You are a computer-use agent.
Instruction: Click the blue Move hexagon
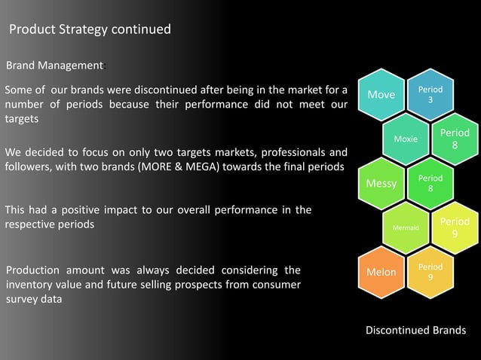pos(381,95)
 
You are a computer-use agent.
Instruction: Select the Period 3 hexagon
pos(430,95)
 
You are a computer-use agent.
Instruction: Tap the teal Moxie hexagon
pos(406,139)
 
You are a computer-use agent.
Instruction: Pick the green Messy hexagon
pos(381,184)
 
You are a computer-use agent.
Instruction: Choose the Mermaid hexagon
pos(406,227)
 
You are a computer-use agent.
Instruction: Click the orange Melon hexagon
pos(381,272)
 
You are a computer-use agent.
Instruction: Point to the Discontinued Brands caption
pos(415,331)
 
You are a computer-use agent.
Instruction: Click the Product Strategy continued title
pos(90,30)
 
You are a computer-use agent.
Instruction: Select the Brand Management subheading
pos(54,65)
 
